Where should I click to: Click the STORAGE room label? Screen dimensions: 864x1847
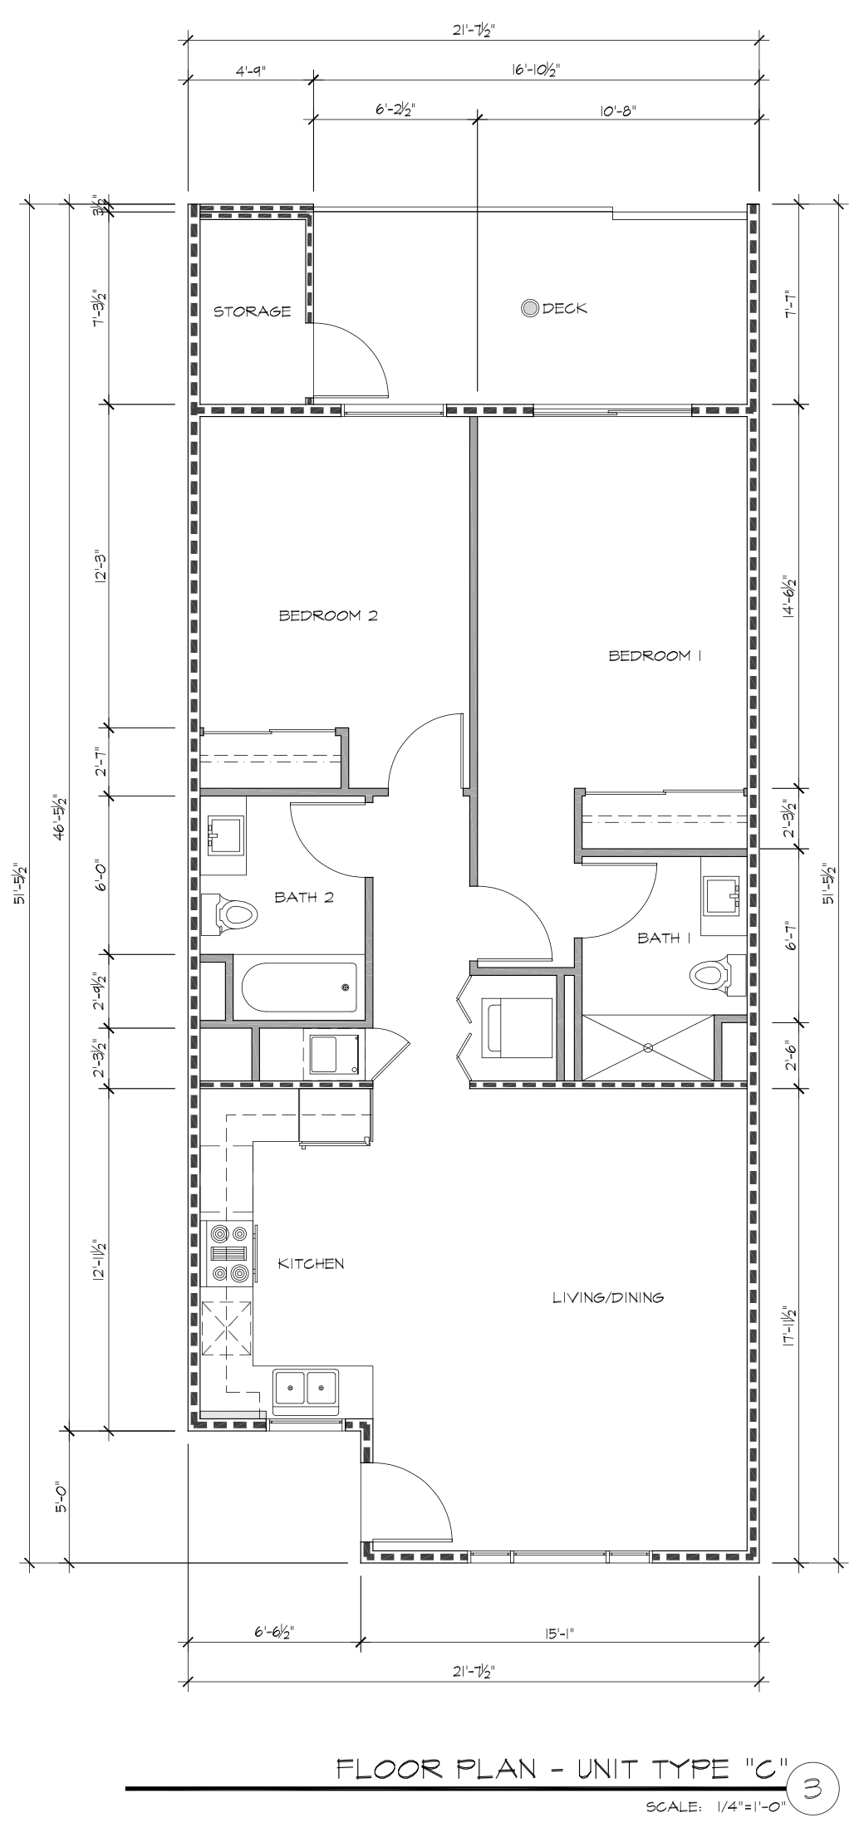(253, 311)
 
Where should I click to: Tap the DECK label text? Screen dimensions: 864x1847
(565, 308)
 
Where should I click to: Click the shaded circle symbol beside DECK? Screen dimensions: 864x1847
(529, 308)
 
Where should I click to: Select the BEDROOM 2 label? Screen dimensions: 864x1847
(328, 615)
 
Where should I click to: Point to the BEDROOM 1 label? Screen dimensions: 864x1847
(656, 655)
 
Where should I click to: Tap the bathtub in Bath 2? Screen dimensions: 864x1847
(299, 987)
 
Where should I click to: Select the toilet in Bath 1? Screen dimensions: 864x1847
(716, 974)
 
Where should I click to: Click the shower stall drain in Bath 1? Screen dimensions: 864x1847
(647, 1047)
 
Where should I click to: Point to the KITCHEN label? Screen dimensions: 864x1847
(311, 1264)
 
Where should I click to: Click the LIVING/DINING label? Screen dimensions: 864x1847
(608, 1297)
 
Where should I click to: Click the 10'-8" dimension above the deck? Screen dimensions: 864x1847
(617, 110)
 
